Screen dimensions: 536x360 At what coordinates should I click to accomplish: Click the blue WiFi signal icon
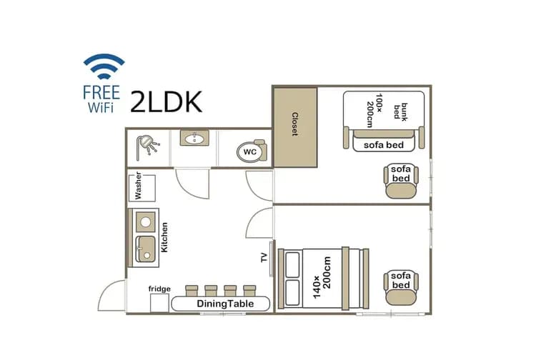(x=104, y=66)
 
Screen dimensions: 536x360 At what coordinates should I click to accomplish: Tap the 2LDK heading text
(x=166, y=101)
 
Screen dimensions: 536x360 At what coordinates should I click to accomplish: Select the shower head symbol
(x=148, y=147)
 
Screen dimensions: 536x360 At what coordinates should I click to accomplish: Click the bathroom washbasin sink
(x=194, y=138)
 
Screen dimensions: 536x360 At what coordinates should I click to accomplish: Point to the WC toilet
(x=252, y=151)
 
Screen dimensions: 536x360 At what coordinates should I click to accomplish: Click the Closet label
(x=294, y=124)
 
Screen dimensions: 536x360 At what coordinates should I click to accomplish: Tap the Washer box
(x=142, y=188)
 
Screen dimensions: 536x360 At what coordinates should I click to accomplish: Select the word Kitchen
(x=164, y=237)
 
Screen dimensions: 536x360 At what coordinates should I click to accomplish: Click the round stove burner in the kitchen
(x=146, y=221)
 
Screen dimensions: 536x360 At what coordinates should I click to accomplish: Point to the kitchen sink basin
(x=146, y=249)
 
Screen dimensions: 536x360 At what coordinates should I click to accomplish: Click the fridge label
(x=159, y=289)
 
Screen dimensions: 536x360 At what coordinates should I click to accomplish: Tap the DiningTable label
(x=225, y=304)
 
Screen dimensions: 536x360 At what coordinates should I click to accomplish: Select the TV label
(x=264, y=258)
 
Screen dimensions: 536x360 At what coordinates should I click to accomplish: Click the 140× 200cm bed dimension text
(x=322, y=277)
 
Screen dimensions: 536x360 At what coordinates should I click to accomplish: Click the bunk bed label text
(x=400, y=111)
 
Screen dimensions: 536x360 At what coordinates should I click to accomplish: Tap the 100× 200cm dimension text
(x=374, y=110)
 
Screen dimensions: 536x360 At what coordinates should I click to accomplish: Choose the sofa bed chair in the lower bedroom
(x=401, y=288)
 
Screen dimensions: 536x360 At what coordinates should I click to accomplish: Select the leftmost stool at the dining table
(x=192, y=291)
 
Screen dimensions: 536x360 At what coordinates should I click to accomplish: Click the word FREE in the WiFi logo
(x=101, y=93)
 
